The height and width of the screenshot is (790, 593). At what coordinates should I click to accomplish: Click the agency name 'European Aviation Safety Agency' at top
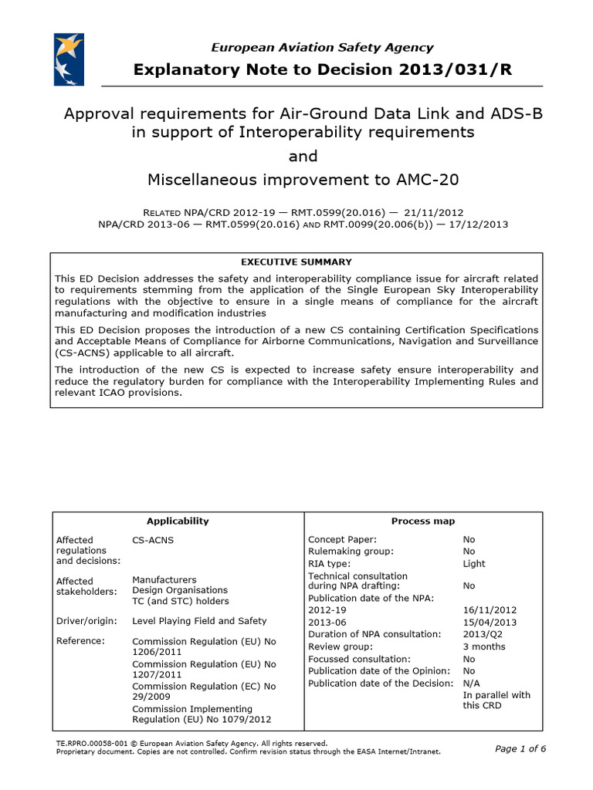coord(322,48)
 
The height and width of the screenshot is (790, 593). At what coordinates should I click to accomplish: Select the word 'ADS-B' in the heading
coord(516,114)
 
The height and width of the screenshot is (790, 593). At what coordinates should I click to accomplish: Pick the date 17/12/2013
coord(479,224)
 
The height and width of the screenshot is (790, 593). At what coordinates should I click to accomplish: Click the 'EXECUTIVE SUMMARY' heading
coord(296,262)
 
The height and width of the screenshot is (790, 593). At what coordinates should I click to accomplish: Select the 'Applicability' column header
coord(178,521)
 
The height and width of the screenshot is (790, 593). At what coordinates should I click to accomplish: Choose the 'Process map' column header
coord(423,521)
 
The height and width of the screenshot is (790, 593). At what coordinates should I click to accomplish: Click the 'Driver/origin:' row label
coord(86,620)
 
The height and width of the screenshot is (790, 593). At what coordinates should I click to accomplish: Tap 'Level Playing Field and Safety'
coord(199,620)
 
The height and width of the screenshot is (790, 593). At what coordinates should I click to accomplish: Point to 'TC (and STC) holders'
coord(181,601)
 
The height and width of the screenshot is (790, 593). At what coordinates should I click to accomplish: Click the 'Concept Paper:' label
coord(342,539)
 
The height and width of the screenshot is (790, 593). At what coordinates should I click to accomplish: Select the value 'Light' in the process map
coord(474,563)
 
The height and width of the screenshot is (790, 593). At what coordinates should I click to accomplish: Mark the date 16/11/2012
coord(489,609)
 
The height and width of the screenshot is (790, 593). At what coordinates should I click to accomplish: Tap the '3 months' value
coord(484,647)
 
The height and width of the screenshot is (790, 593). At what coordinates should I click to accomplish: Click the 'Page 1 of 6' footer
coord(520,748)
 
